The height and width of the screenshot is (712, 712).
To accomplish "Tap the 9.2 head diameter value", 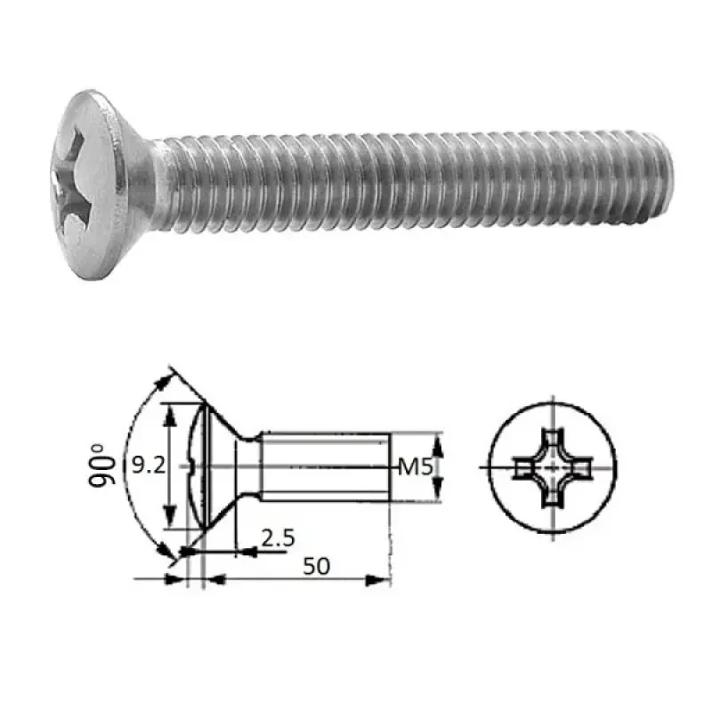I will tap(144, 465).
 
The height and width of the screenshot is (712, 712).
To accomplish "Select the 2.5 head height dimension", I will tap(279, 538).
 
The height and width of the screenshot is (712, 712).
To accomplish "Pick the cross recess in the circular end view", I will tap(552, 466).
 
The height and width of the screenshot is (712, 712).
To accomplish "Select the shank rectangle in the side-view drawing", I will tap(325, 465).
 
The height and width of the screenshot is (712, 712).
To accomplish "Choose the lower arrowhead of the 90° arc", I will tap(169, 556).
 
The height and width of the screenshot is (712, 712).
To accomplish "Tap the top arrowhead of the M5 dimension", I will tap(437, 439).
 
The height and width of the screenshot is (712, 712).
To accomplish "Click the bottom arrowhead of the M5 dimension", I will tap(437, 494).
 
